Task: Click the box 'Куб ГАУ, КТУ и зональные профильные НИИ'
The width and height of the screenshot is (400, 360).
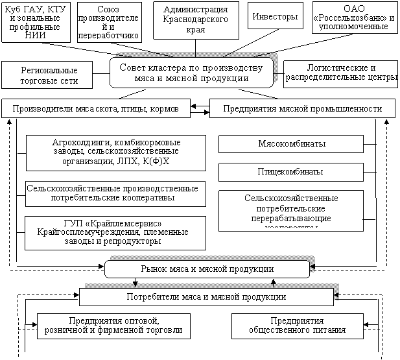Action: [x=36, y=22]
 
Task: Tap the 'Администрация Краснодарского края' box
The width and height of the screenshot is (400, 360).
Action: [x=195, y=20]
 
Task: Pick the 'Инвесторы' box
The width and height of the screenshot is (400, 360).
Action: [x=275, y=16]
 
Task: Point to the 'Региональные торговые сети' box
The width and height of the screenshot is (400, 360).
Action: [x=49, y=75]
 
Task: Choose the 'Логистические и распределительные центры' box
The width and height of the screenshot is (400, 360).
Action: [x=340, y=73]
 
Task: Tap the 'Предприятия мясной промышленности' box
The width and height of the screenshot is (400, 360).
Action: [x=301, y=108]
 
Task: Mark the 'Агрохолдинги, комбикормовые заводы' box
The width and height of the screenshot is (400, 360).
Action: [x=116, y=152]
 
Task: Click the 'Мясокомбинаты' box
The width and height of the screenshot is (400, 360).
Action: [x=290, y=144]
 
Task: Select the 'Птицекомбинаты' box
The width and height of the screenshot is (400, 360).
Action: [x=290, y=172]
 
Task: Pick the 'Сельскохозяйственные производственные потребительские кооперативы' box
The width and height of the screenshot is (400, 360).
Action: [x=112, y=193]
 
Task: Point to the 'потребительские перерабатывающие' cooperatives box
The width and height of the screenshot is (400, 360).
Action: [x=290, y=210]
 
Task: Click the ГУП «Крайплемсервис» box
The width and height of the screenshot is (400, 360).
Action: [x=112, y=232]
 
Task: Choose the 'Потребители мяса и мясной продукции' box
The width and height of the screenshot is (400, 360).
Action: [x=206, y=297]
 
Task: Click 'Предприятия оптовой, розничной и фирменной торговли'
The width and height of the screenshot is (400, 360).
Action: [x=113, y=326]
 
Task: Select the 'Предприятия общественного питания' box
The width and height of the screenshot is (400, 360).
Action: [x=297, y=326]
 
